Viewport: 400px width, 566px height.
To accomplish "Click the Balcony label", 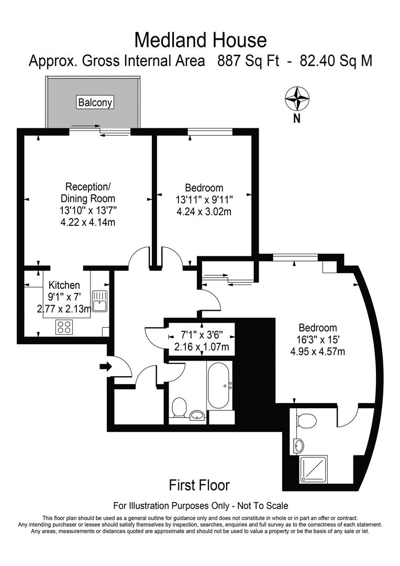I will pyautogui.click(x=95, y=102).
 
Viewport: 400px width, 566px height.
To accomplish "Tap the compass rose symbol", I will pyautogui.click(x=296, y=99).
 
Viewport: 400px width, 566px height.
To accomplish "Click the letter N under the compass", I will pyautogui.click(x=296, y=119).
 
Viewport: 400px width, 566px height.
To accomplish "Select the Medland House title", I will pyautogui.click(x=200, y=40).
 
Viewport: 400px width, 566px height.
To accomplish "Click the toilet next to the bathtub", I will pyautogui.click(x=179, y=407).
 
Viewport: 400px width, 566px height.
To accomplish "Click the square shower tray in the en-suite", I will pyautogui.click(x=313, y=469).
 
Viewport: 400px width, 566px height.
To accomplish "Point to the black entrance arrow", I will pyautogui.click(x=105, y=367).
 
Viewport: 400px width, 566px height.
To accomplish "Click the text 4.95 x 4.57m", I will pyautogui.click(x=318, y=351).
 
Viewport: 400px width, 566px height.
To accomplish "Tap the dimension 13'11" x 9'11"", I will pyautogui.click(x=204, y=200).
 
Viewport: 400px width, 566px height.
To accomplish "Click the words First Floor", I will pyautogui.click(x=199, y=485).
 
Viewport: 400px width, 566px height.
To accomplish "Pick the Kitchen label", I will pyautogui.click(x=64, y=285).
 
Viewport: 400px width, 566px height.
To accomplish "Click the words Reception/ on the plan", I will pyautogui.click(x=88, y=187).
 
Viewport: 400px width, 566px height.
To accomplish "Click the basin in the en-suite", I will pyautogui.click(x=298, y=446).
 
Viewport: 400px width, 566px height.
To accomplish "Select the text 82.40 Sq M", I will pyautogui.click(x=336, y=61).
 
